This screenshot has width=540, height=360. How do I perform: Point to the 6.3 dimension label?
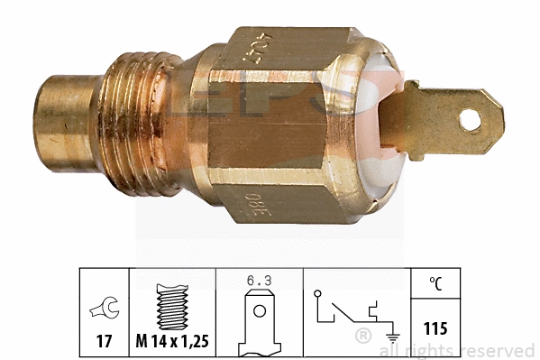(x=259, y=281)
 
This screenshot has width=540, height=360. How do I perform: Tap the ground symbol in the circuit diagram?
(x=394, y=328)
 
